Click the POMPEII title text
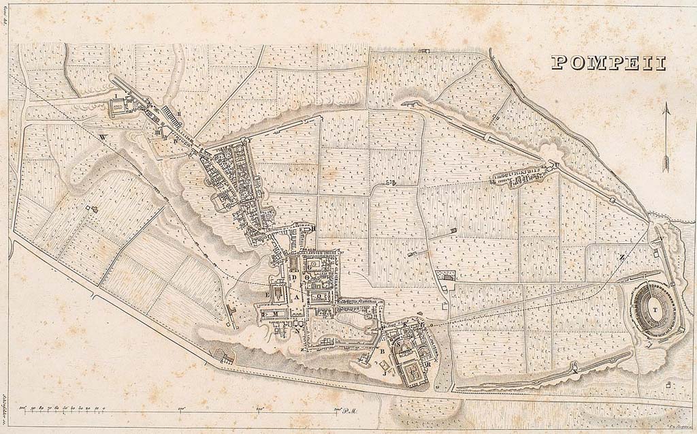[608, 63]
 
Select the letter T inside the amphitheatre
[655, 309]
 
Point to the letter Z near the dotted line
[621, 257]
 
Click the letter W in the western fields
[103, 138]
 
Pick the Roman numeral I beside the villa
[116, 96]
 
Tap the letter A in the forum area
[297, 297]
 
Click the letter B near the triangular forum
[383, 351]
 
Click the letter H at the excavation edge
[314, 230]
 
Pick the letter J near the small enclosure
[385, 372]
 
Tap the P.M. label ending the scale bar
[351, 410]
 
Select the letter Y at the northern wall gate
[249, 138]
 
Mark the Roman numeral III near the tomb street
[157, 132]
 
